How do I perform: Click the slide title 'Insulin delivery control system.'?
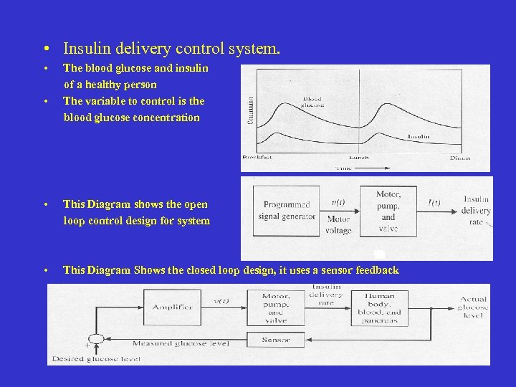tap(171, 49)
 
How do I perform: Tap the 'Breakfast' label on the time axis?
tap(257, 157)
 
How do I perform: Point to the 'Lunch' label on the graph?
tap(359, 157)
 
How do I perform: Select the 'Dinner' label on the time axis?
tap(460, 157)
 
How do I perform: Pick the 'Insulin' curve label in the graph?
tap(419, 136)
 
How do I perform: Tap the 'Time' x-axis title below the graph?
tap(345, 168)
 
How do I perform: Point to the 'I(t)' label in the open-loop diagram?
tap(435, 203)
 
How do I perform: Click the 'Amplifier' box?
tap(171, 307)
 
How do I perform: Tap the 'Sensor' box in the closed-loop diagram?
tap(276, 340)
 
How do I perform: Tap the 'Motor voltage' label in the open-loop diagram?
tap(338, 225)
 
